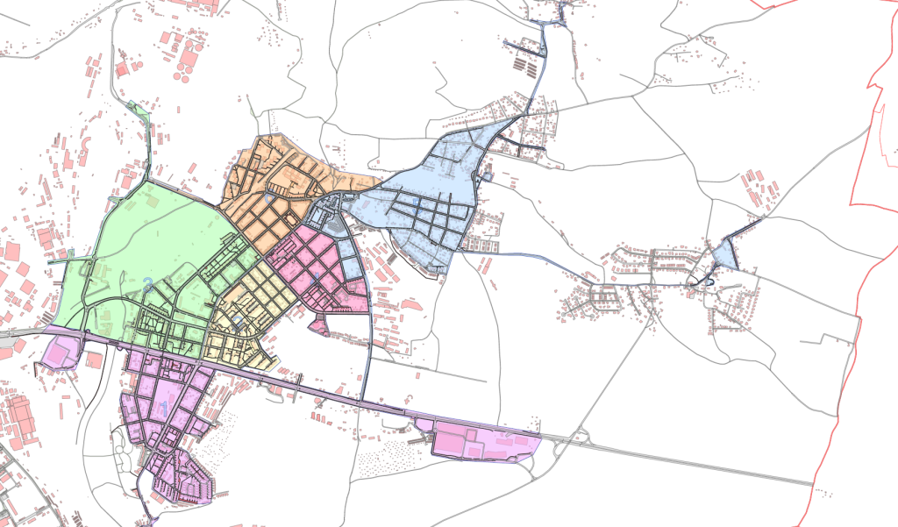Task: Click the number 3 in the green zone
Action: (x=148, y=283)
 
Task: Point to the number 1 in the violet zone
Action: (x=164, y=405)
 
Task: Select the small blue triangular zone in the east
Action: (x=723, y=255)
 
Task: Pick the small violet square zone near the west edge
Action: (x=60, y=353)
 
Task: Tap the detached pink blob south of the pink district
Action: (x=318, y=327)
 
